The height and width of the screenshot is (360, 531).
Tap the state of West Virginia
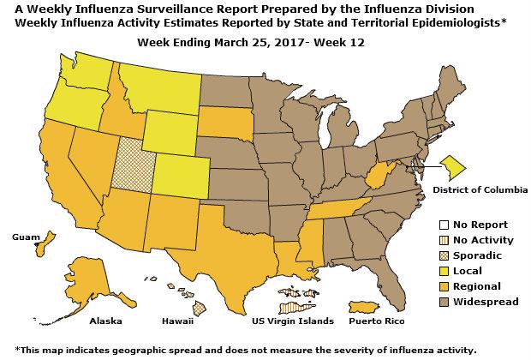pos(376,181)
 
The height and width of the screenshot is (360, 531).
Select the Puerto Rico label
pos(373,321)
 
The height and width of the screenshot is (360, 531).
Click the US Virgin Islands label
pos(289,321)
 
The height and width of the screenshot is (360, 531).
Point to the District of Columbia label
pos(480,188)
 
